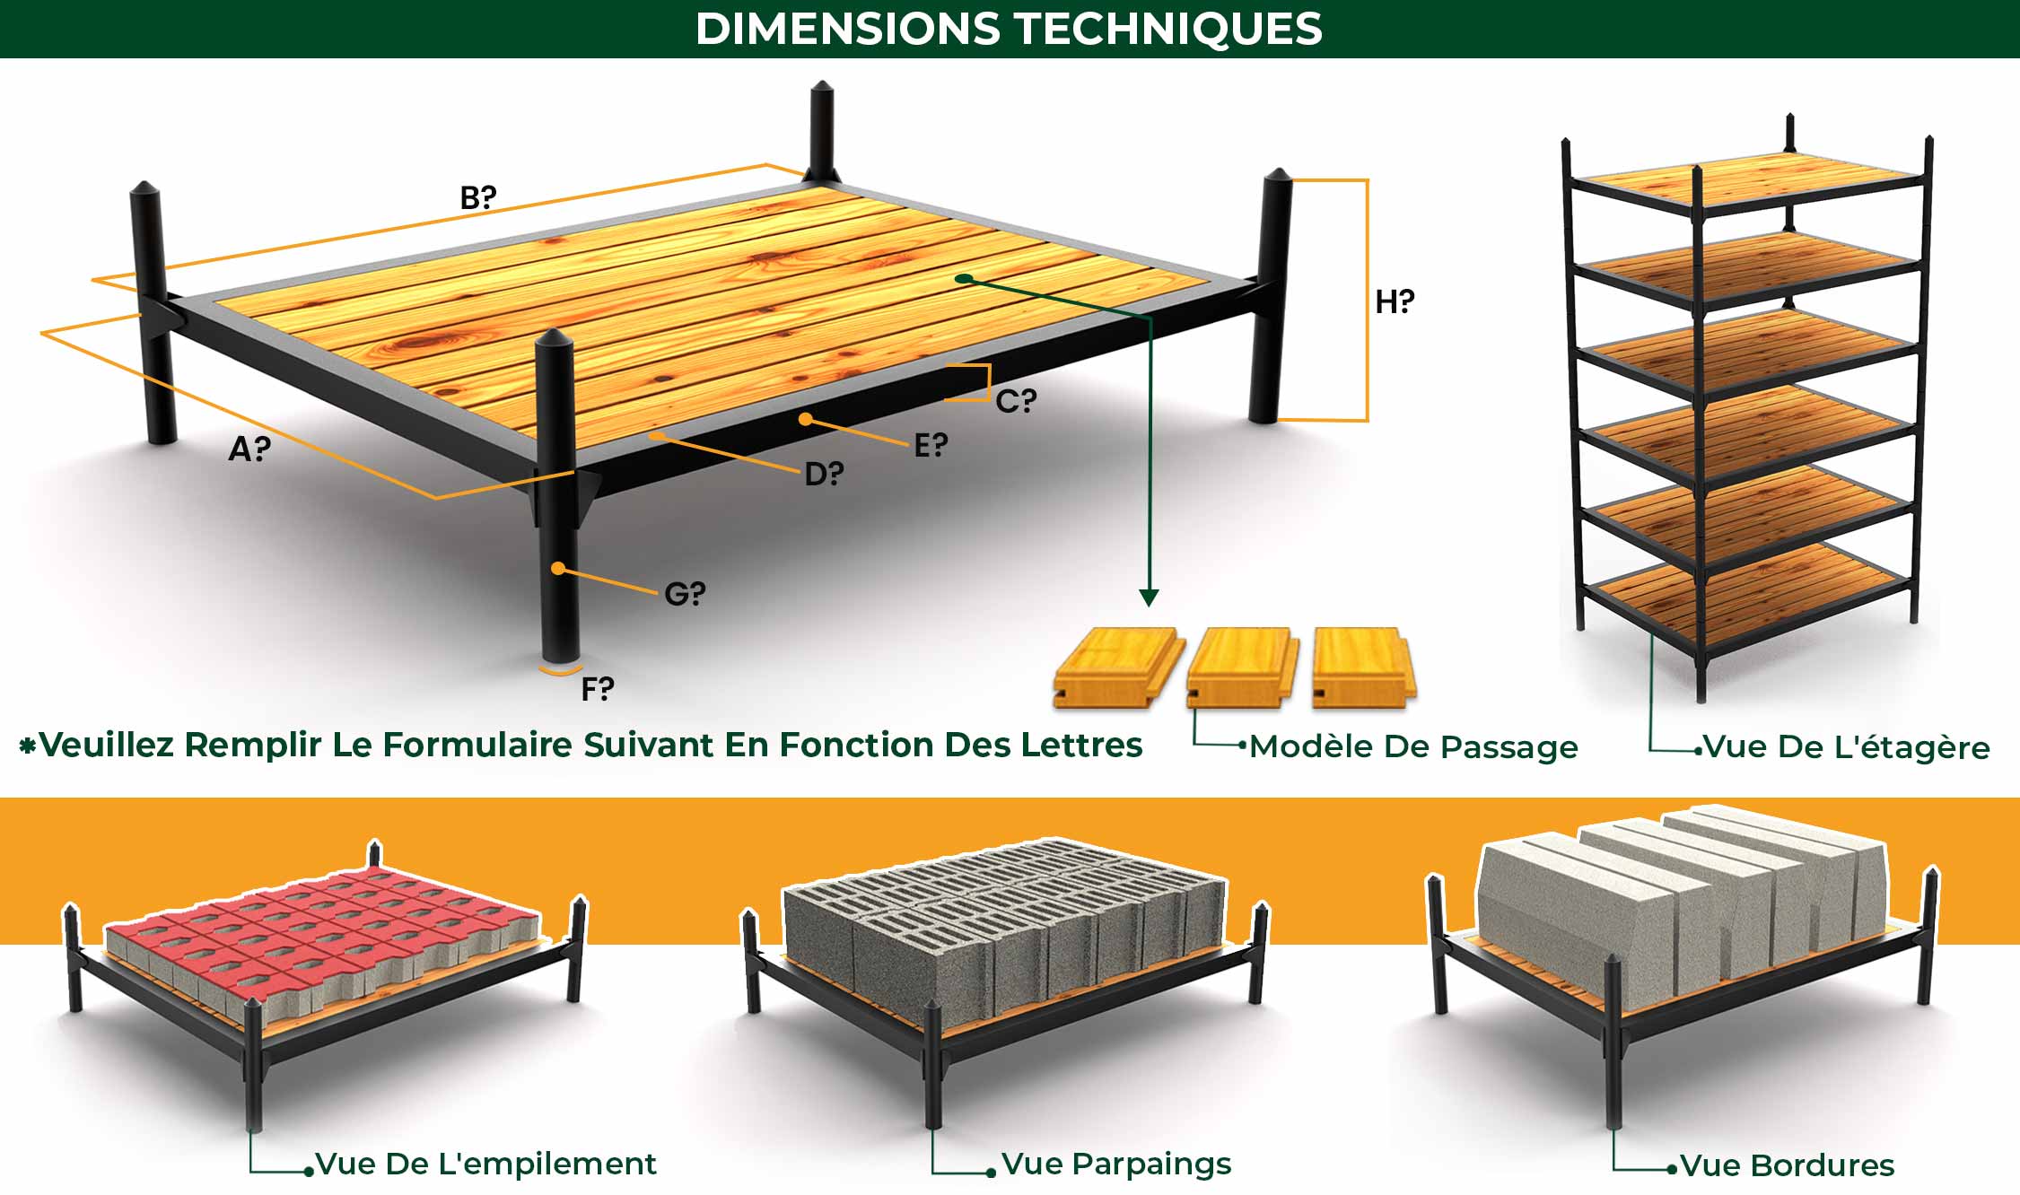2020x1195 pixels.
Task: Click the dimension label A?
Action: click(x=249, y=448)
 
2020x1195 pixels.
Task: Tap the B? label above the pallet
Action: click(x=477, y=197)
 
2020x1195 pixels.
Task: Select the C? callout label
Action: click(x=1016, y=400)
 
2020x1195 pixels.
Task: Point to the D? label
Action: click(x=824, y=473)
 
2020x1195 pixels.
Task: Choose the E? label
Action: click(x=931, y=444)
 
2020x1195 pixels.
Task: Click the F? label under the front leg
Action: click(x=598, y=689)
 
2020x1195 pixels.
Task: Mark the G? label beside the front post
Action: click(x=685, y=593)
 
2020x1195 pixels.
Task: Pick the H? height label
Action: click(x=1395, y=301)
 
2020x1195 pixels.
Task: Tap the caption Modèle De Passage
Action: click(x=1413, y=746)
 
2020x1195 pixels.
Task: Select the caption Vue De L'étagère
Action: click(x=1846, y=746)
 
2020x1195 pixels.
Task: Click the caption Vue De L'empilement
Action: click(x=485, y=1164)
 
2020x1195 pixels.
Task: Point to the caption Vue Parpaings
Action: click(x=1116, y=1164)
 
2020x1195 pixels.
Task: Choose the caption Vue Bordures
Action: click(x=1787, y=1164)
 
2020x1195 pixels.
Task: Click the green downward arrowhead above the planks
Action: click(x=1149, y=597)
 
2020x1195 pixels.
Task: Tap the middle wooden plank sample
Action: click(x=1243, y=667)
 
